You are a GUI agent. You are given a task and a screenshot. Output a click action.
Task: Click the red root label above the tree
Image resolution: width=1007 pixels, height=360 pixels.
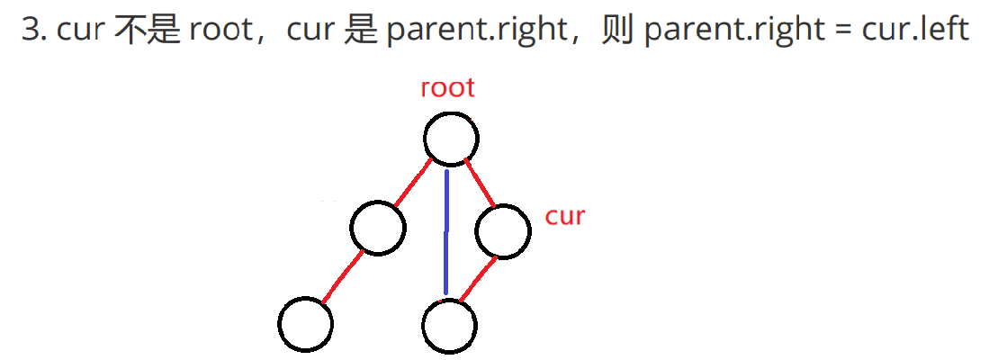tap(447, 88)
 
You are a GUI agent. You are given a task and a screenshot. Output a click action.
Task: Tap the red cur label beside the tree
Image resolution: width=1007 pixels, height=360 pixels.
tap(565, 216)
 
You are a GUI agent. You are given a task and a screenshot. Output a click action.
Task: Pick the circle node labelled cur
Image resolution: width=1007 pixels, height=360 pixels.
tap(502, 231)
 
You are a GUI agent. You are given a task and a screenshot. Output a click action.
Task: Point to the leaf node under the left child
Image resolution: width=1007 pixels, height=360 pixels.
tap(306, 324)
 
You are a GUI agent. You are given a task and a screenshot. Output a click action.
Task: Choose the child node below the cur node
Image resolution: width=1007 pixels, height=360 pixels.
tap(448, 326)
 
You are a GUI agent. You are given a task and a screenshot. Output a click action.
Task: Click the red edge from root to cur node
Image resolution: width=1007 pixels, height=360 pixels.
tap(480, 183)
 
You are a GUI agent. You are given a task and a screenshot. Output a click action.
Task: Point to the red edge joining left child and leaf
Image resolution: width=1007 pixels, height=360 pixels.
tap(343, 276)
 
